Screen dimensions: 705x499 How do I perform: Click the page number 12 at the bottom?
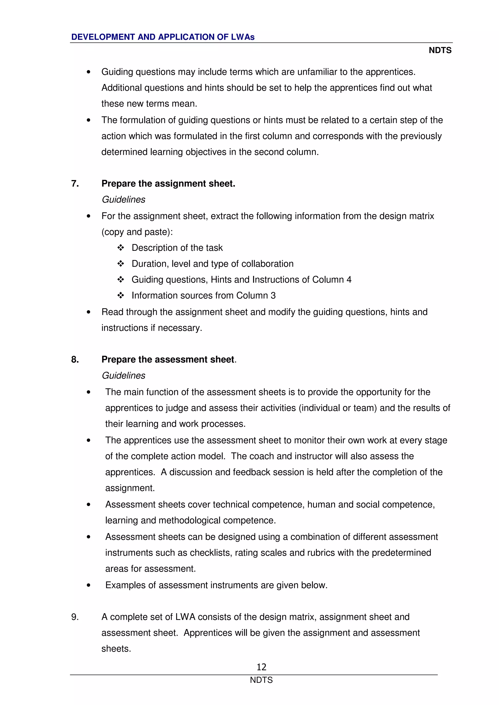[261, 667]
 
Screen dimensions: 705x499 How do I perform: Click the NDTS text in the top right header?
[440, 50]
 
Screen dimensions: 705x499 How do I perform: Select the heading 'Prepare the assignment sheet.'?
[168, 183]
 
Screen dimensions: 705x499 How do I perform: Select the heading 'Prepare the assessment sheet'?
[168, 359]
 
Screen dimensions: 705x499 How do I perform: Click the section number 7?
[75, 183]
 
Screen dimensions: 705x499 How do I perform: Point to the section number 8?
[75, 359]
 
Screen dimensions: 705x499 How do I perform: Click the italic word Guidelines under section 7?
[123, 199]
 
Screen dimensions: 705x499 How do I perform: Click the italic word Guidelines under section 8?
[123, 376]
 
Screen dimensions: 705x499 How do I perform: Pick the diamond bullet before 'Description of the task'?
[121, 247]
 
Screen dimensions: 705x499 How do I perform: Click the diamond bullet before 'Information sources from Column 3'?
[121, 295]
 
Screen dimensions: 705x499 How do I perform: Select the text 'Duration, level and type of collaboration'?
[212, 263]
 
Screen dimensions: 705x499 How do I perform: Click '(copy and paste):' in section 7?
[137, 232]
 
